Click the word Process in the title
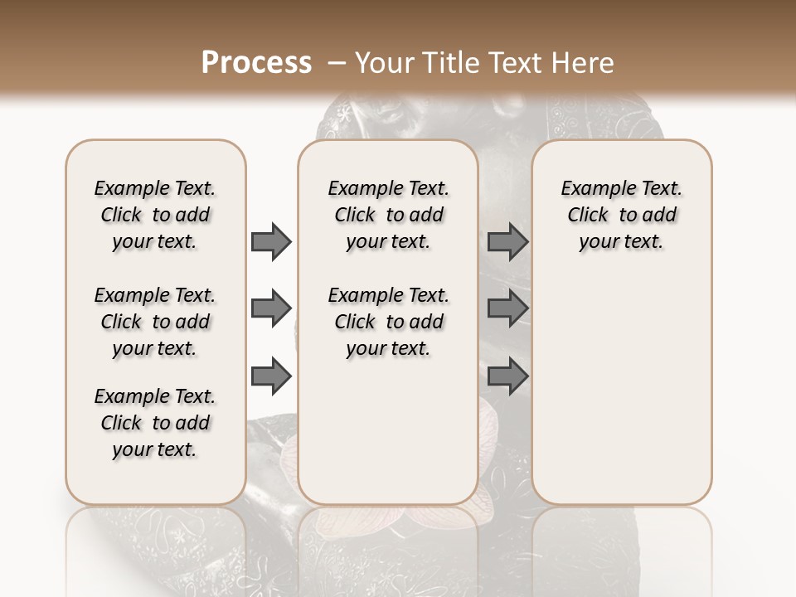[256, 63]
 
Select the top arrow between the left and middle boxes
[271, 241]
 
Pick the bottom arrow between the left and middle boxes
[271, 376]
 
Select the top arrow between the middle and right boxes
[507, 241]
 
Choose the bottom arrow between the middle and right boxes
[507, 376]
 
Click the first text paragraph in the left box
[155, 215]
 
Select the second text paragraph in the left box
[155, 322]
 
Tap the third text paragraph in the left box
[155, 423]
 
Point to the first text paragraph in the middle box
[388, 215]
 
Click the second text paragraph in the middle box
[388, 322]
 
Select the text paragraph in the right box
[621, 215]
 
